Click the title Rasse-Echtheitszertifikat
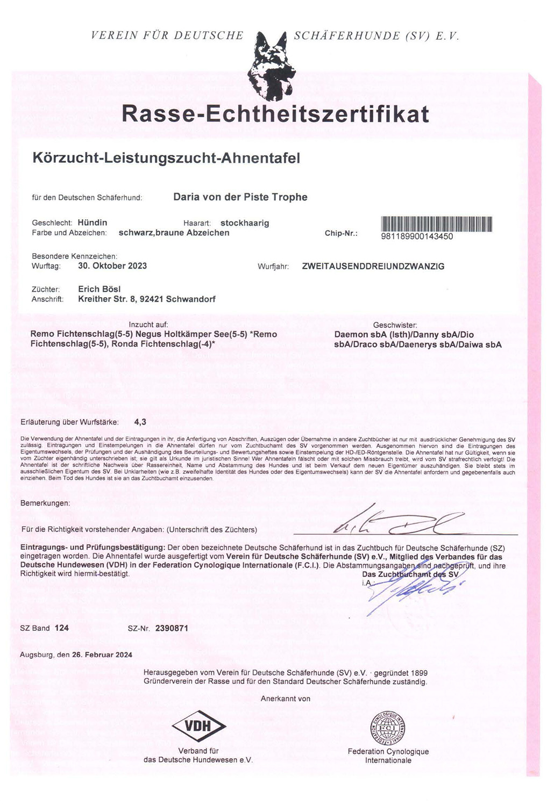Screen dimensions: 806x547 [275, 114]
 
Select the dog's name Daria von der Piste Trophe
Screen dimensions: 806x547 [240, 197]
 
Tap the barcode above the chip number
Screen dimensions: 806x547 [436, 224]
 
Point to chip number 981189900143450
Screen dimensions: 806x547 [417, 236]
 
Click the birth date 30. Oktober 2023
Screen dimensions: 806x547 [112, 265]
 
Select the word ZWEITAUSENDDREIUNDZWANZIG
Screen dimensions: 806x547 [373, 266]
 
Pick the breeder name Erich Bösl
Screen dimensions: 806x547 [100, 289]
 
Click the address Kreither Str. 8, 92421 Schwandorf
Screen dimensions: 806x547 [147, 299]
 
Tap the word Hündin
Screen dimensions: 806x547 [93, 222]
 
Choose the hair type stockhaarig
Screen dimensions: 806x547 [245, 223]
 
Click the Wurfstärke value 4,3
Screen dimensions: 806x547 [140, 422]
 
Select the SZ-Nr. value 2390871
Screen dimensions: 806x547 [172, 628]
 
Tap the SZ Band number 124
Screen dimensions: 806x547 [62, 628]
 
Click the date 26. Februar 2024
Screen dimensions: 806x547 [102, 654]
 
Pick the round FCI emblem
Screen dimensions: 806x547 [388, 729]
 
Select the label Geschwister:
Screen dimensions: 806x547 [395, 325]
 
